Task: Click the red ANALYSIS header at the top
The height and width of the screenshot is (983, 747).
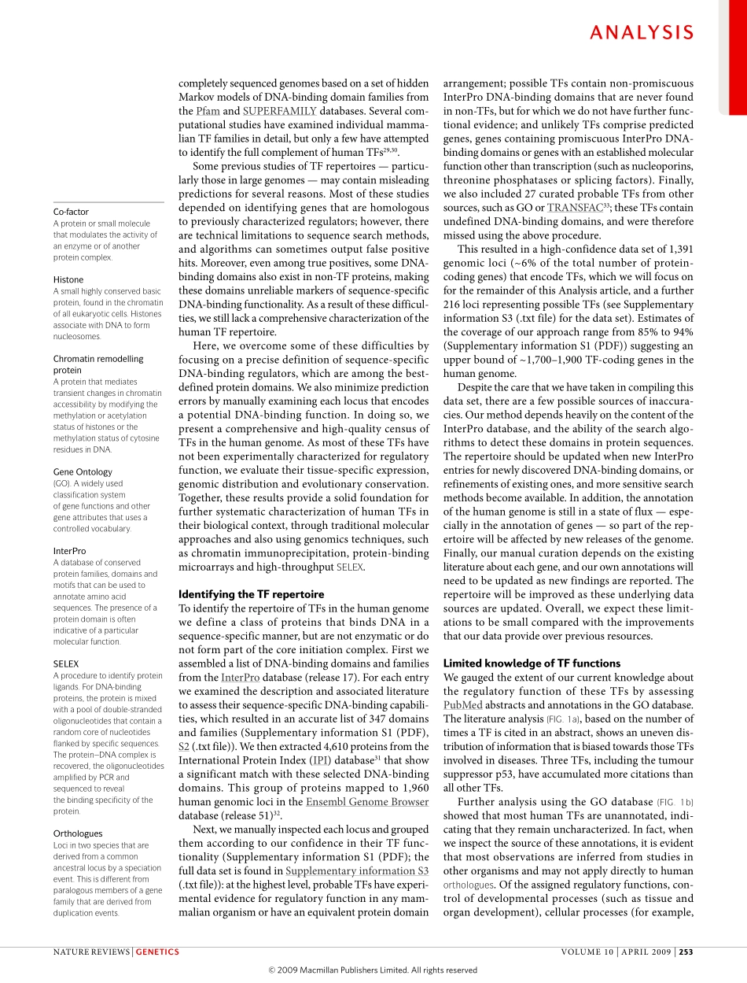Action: (x=642, y=32)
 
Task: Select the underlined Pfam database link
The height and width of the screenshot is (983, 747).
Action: (x=208, y=111)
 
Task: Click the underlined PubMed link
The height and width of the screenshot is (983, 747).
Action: (x=461, y=705)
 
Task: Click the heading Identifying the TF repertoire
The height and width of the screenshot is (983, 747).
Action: (x=251, y=594)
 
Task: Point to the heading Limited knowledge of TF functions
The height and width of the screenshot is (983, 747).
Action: (x=532, y=663)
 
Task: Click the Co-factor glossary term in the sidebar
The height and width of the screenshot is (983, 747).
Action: (x=71, y=212)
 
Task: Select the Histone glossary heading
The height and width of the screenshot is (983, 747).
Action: (x=68, y=279)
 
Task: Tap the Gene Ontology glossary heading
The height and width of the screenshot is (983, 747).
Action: (x=83, y=472)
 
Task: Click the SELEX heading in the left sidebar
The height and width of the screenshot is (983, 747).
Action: (x=66, y=664)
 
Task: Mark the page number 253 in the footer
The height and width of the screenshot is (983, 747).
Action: (x=686, y=952)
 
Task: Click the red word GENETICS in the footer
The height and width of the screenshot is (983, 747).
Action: (x=157, y=952)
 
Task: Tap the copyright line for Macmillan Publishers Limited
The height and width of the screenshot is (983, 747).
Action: (x=373, y=970)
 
